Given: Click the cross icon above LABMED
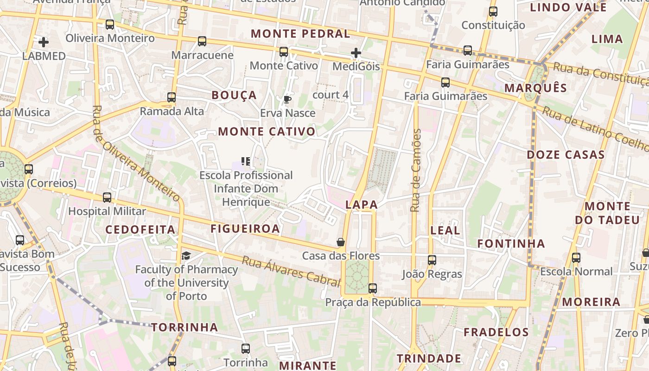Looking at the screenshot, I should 44,42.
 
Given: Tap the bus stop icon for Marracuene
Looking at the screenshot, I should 202,41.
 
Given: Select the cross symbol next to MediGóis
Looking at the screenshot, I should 356,53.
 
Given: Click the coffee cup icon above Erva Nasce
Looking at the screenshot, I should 287,99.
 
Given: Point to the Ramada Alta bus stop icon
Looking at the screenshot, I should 172,97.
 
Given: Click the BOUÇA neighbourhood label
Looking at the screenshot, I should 234,95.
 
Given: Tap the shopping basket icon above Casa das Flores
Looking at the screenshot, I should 341,242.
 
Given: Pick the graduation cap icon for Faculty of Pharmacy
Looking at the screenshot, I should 186,256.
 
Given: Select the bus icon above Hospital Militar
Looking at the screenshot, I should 107,198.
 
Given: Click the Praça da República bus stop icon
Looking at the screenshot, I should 373,288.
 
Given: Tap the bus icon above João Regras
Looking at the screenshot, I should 432,260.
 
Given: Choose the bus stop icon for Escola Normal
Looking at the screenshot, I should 576,258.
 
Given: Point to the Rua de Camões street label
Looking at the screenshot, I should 416,171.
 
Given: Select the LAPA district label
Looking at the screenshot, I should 362,205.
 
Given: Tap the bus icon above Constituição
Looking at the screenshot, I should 493,12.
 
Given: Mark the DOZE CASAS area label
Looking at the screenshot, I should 566,154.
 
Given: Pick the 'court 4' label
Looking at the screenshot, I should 331,95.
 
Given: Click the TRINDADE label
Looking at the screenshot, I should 429,358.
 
